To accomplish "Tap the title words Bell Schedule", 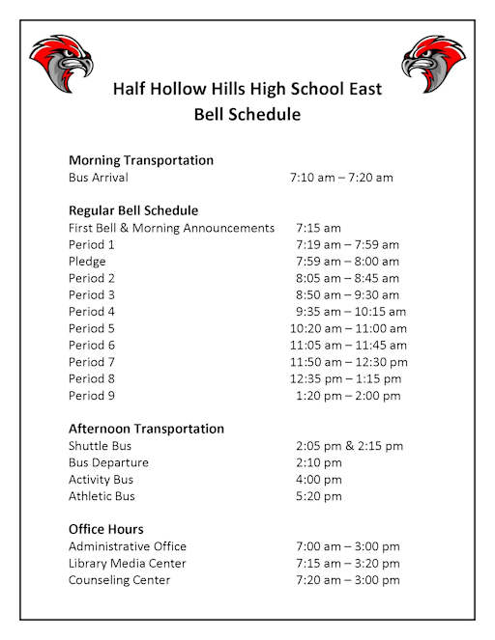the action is [247, 115].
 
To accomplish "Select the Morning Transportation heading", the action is [141, 160].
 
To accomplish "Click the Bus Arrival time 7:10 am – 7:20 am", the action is [341, 178].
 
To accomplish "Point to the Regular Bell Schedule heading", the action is [133, 210].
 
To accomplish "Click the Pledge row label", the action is [87, 262].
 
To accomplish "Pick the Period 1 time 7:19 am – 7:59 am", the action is [347, 245].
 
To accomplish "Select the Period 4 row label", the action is [92, 312].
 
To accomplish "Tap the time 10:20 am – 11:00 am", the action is [348, 328].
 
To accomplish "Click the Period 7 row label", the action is [92, 362].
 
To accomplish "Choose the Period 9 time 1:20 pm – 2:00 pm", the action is [347, 396].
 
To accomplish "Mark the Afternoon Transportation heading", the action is [146, 429].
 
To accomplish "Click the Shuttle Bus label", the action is [101, 446].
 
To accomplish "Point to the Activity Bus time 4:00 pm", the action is [319, 480].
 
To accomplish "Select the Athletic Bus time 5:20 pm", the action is [319, 496].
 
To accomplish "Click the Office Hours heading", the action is [106, 529].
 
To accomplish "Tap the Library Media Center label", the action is [128, 563].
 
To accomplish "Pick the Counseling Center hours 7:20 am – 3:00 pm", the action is [347, 580].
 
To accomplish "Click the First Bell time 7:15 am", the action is [319, 228].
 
